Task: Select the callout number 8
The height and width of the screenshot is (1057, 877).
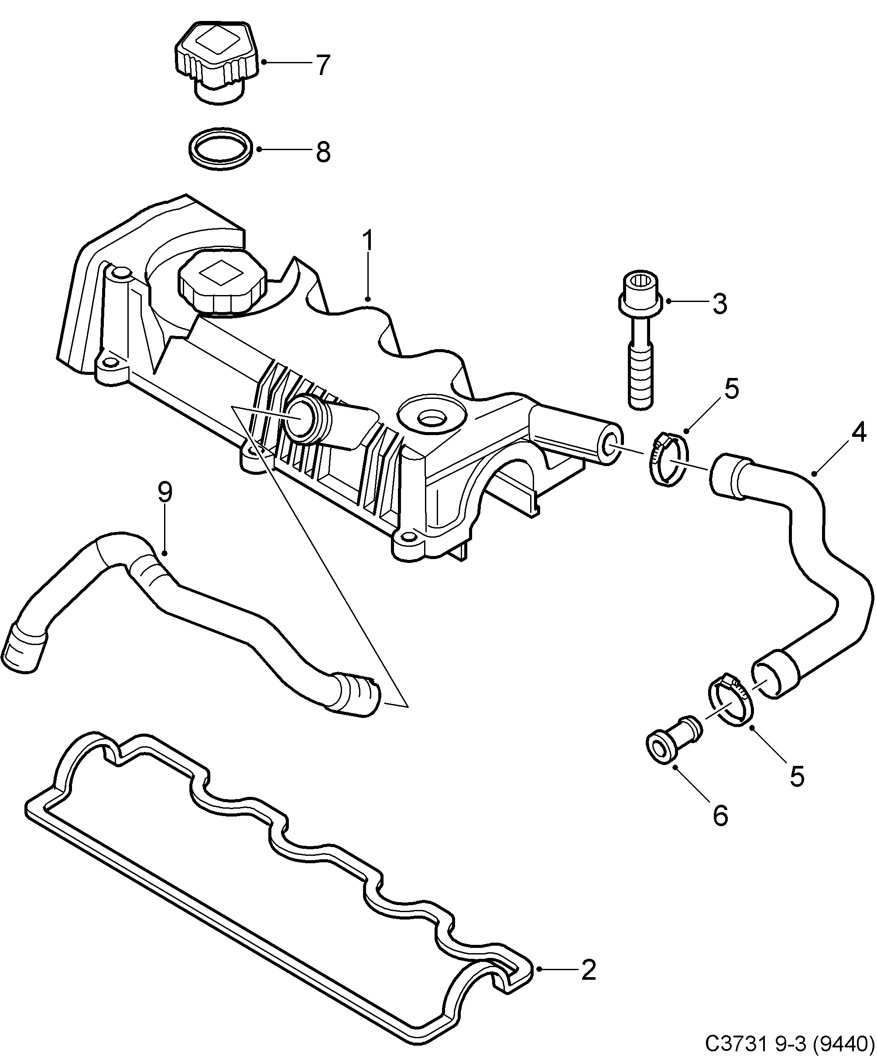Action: click(x=323, y=151)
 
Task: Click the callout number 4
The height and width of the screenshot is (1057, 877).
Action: click(x=858, y=432)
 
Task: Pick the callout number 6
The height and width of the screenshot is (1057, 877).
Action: click(x=720, y=815)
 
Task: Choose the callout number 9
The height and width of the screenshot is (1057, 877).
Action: click(x=165, y=492)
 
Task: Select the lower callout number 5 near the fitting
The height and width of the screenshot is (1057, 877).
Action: click(x=797, y=776)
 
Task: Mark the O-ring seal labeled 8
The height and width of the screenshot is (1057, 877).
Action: click(x=220, y=150)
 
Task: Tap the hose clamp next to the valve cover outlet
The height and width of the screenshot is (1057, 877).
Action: click(x=665, y=459)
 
